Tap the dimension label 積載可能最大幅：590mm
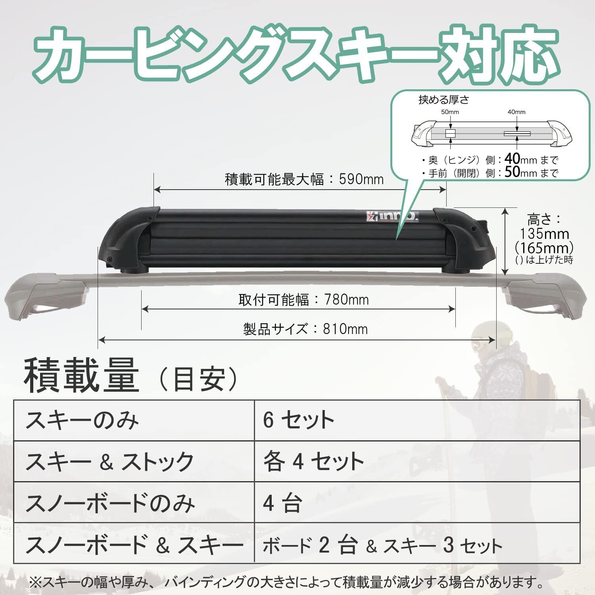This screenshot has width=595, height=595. (304, 179)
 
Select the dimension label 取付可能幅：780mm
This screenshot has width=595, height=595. (303, 300)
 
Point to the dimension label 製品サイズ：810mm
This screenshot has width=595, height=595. (305, 329)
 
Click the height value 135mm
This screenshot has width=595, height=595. (544, 234)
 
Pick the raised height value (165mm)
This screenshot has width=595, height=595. (544, 248)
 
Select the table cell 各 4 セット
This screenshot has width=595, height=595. (313, 461)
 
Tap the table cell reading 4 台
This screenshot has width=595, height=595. (282, 503)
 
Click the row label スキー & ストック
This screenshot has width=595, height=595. (109, 461)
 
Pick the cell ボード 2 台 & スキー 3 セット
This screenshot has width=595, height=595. (382, 546)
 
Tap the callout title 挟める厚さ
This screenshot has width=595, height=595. (443, 100)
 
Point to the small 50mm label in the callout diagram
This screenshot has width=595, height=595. (450, 112)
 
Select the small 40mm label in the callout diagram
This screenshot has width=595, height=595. (516, 112)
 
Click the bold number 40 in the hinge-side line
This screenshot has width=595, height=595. (512, 159)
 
